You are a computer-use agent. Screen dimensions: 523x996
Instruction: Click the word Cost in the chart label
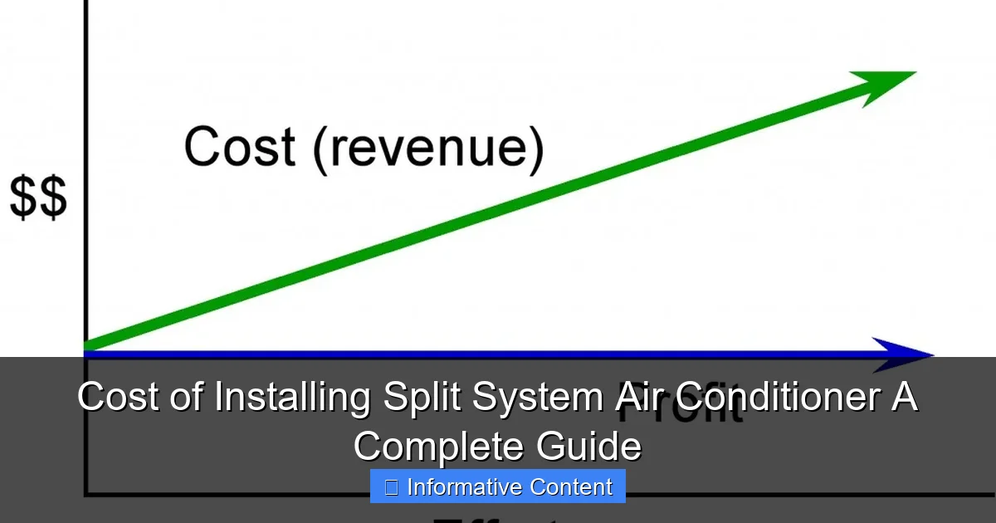pyautogui.click(x=239, y=147)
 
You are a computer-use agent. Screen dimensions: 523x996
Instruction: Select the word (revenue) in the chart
pyautogui.click(x=428, y=149)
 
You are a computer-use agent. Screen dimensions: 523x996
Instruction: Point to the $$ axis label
pyautogui.click(x=38, y=200)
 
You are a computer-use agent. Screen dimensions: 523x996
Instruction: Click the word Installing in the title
pyautogui.click(x=292, y=397)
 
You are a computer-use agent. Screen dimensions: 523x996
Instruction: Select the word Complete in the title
pyautogui.click(x=440, y=447)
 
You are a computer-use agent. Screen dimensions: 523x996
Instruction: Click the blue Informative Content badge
pyautogui.click(x=498, y=486)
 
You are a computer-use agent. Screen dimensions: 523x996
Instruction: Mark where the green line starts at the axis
pyautogui.click(x=87, y=346)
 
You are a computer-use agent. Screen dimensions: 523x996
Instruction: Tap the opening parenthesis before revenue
pyautogui.click(x=320, y=149)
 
